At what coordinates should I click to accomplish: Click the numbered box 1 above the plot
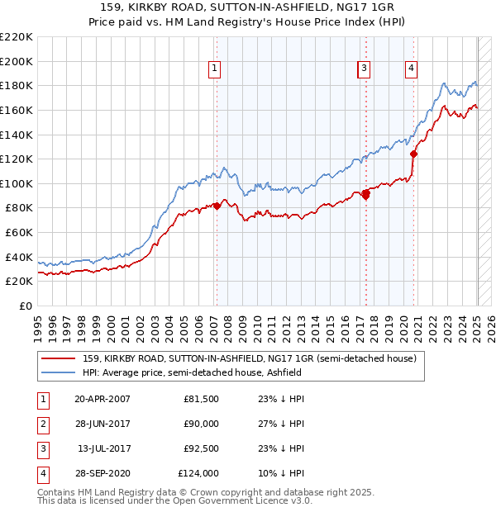point(214,69)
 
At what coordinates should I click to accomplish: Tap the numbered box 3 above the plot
point(364,69)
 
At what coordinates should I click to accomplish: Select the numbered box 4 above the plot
point(411,69)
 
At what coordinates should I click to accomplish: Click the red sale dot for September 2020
point(414,153)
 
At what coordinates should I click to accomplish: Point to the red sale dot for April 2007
point(217,206)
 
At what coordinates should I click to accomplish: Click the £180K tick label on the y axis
point(17,85)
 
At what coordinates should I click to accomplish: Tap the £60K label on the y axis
point(19,233)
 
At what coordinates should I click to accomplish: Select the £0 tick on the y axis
point(26,306)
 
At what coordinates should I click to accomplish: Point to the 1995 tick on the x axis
point(38,325)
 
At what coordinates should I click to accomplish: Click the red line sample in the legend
point(58,358)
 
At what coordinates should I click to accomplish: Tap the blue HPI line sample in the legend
point(58,372)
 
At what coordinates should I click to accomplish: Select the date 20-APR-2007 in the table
point(103,399)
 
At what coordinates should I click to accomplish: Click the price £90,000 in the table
point(201,424)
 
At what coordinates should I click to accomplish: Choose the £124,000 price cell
point(198,473)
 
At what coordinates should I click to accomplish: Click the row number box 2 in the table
point(42,424)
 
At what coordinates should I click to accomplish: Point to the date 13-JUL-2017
point(103,448)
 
